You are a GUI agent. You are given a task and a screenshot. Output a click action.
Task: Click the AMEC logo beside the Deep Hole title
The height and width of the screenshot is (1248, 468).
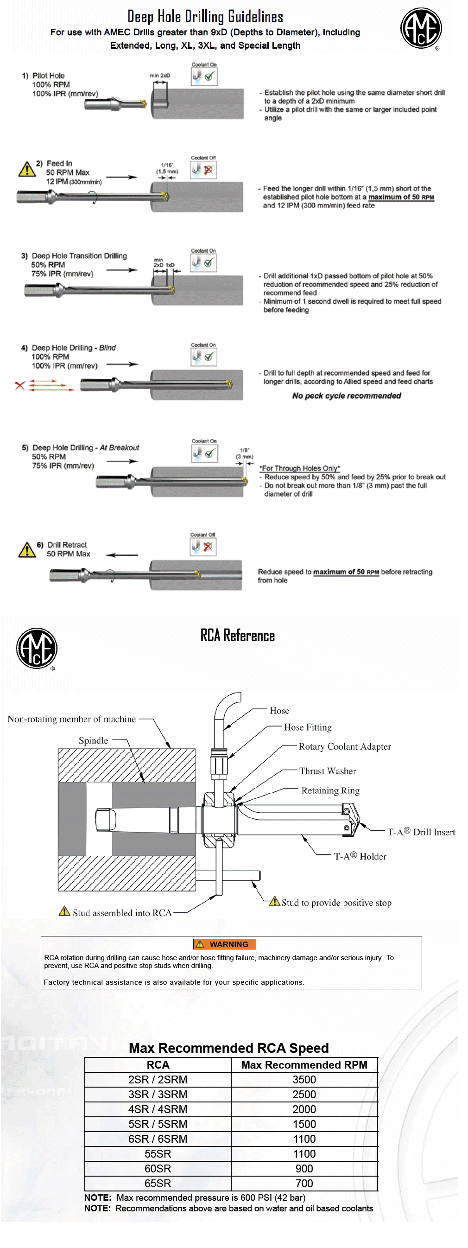(421, 28)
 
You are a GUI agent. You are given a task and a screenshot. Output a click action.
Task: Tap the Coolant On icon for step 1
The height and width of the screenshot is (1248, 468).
(204, 76)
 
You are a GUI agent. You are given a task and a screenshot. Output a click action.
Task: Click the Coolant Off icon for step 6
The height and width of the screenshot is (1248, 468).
(203, 547)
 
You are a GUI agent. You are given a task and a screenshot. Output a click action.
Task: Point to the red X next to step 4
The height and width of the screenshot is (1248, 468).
(19, 386)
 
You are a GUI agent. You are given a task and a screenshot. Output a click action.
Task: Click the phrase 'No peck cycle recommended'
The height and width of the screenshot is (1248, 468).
(347, 396)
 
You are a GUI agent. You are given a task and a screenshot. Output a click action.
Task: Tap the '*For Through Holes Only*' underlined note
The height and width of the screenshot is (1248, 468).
(299, 468)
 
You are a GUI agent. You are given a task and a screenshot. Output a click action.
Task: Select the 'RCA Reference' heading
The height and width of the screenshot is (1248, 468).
(237, 636)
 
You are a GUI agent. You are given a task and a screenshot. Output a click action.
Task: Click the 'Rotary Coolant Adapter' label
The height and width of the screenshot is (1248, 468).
(344, 746)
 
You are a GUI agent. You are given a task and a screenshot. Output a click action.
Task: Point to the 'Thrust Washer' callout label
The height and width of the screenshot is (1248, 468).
(328, 771)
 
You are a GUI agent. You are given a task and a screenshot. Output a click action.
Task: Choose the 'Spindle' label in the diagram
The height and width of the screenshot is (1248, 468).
(93, 740)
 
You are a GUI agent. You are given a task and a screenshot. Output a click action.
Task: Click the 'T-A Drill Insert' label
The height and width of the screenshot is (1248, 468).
(421, 832)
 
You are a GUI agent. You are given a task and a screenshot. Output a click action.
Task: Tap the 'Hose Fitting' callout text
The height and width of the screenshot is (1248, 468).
(308, 727)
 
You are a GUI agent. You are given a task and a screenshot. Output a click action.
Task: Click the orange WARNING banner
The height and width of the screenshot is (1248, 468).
(224, 944)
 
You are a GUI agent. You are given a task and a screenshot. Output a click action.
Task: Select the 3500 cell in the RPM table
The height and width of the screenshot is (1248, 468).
(304, 1079)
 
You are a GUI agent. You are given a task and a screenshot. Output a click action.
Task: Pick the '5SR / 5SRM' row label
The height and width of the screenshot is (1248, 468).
(158, 1124)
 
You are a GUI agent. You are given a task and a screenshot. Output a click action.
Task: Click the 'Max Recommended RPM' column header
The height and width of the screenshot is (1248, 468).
(304, 1064)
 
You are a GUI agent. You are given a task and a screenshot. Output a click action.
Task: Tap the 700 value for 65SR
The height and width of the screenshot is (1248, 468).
(304, 1183)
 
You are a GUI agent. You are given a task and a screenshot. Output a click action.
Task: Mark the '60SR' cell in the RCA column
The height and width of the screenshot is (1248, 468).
(158, 1169)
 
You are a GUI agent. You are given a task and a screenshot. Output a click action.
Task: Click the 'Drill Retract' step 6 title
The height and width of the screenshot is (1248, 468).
(67, 545)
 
